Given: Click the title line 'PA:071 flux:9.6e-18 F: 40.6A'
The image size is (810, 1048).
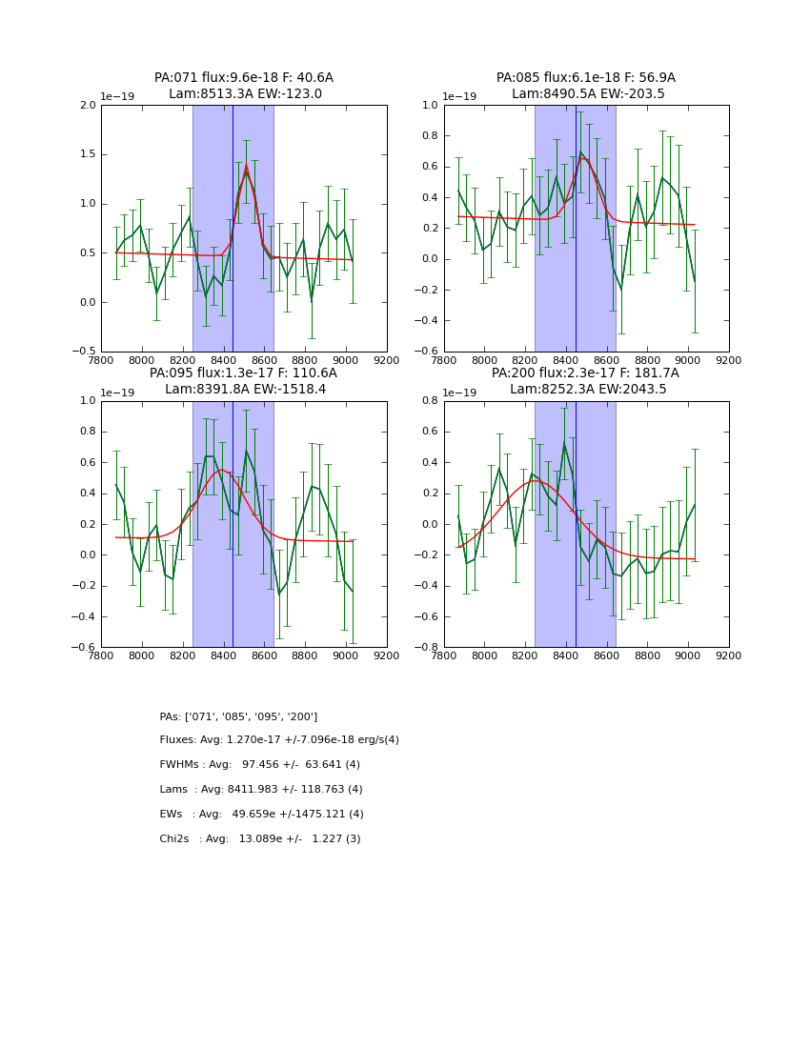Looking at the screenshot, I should tap(243, 78).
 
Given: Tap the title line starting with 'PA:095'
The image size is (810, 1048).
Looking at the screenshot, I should tap(243, 373).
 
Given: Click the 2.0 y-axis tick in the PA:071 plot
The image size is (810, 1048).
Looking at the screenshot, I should tap(87, 106).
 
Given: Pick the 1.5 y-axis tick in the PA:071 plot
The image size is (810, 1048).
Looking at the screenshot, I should tap(87, 154).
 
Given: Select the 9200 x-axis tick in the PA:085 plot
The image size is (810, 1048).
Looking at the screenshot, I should tap(729, 361).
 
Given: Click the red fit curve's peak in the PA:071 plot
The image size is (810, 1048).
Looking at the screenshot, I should tap(246, 167).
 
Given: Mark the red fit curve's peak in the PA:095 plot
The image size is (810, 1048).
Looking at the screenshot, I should tap(222, 470).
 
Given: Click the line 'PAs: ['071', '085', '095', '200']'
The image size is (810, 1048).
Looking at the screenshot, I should tap(238, 716).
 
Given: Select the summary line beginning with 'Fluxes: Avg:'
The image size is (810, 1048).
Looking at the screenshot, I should tap(279, 740).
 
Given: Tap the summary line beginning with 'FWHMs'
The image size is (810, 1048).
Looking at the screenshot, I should tap(259, 765).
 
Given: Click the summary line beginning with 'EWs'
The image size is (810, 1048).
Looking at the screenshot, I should tap(261, 815).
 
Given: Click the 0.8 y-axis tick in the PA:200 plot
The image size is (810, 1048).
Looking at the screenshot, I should tap(430, 401).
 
